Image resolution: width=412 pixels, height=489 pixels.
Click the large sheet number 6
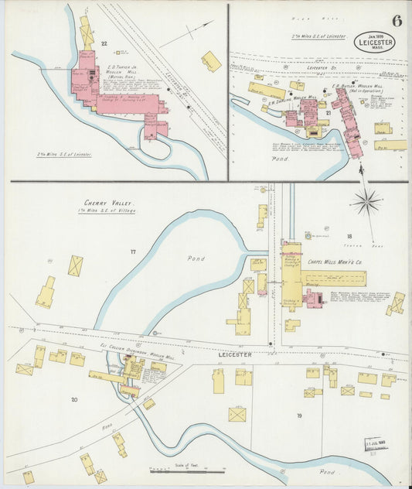[x=396, y=20]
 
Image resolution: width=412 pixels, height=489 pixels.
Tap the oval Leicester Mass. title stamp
[x=374, y=42]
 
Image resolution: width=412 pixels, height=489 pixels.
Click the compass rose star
[x=366, y=203]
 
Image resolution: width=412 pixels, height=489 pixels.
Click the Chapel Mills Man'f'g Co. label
[x=335, y=262]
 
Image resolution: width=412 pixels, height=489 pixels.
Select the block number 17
[x=133, y=252]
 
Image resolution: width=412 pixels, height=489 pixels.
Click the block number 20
[x=74, y=399]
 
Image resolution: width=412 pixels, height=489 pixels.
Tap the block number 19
[x=298, y=416]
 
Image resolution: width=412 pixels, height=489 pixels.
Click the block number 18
[x=349, y=237]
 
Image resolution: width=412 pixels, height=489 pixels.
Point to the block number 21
[x=328, y=113]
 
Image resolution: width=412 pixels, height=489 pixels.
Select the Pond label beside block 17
[x=196, y=258]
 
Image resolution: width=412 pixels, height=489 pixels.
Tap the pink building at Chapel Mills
[x=314, y=299]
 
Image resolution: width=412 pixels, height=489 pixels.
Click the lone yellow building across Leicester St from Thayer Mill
[x=211, y=61]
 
